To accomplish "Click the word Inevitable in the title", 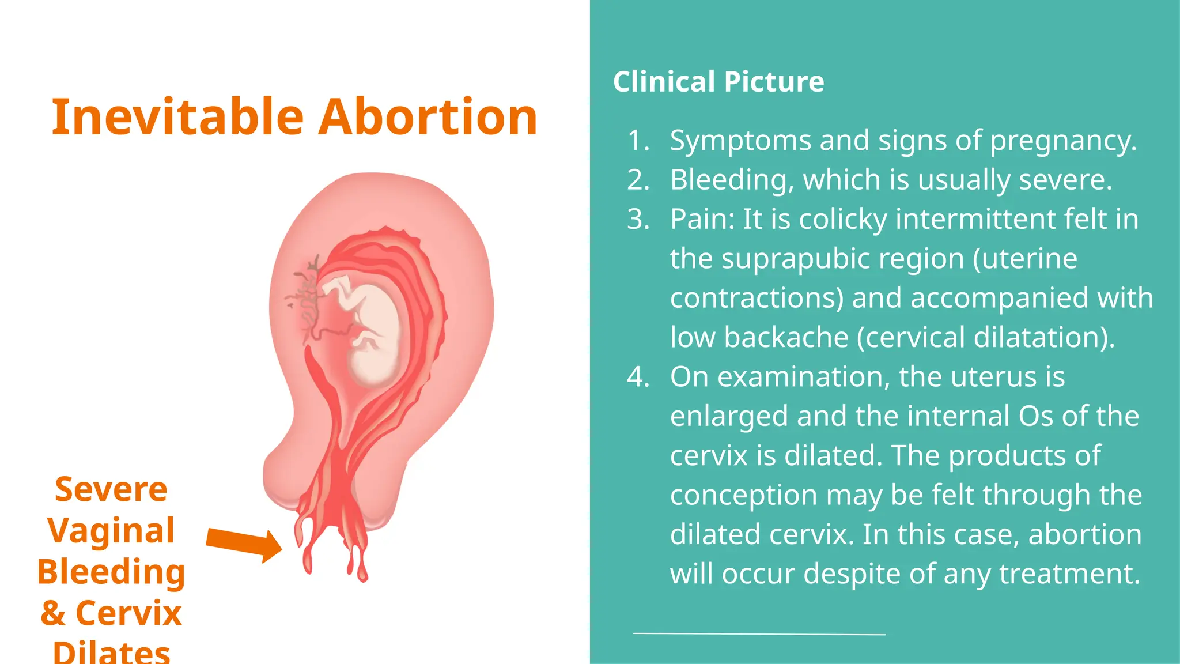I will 177,118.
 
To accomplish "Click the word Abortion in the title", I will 428,118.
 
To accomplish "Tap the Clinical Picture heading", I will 718,81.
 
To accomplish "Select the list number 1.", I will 637,141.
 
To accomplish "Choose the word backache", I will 786,337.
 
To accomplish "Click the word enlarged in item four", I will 728,417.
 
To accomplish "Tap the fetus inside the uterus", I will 369,329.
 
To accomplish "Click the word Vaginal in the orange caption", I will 111,530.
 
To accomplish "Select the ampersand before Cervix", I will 52,613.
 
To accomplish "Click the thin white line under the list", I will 759,633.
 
